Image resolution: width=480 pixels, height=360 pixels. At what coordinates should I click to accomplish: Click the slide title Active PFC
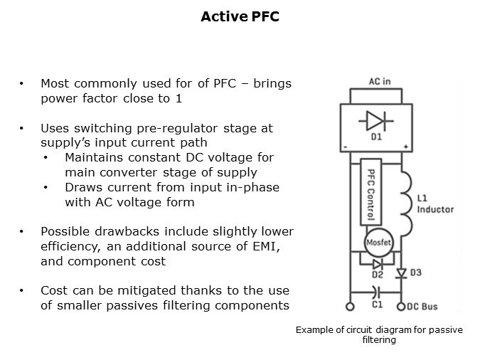[240, 16]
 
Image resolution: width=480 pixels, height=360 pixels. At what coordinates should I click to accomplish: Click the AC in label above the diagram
[380, 83]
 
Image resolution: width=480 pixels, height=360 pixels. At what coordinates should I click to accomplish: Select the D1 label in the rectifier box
[376, 135]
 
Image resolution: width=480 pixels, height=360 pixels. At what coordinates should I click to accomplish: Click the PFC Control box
[370, 194]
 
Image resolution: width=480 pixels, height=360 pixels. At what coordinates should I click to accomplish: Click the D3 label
[415, 272]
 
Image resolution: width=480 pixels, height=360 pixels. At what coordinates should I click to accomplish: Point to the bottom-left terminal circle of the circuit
[349, 307]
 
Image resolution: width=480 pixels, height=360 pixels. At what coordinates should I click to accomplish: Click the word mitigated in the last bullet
[127, 290]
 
